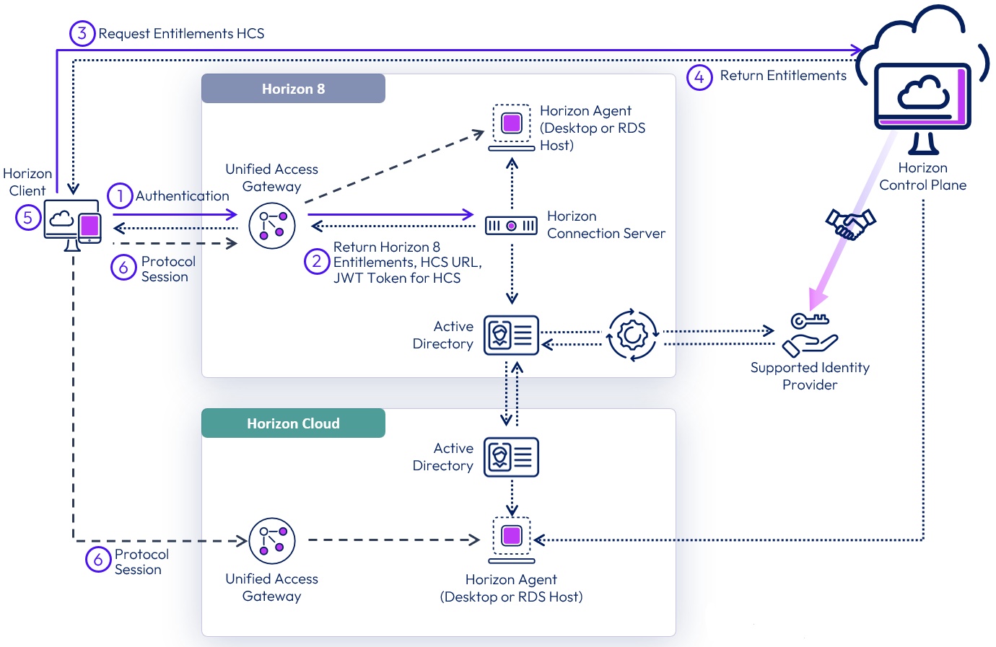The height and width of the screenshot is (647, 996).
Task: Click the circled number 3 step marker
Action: point(82,33)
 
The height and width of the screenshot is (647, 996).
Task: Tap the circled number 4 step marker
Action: point(699,76)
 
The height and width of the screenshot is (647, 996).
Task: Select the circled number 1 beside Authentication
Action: point(120,195)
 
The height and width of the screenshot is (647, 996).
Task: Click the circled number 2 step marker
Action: point(317,261)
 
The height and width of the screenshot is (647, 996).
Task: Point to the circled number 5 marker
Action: point(28,217)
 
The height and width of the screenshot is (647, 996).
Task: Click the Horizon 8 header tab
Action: point(293,89)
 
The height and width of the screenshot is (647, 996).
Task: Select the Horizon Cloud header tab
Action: point(293,423)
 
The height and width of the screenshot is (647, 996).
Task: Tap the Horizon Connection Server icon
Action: point(511,226)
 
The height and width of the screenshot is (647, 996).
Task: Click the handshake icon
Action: point(850,223)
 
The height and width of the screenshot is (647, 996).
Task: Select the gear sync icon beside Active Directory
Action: point(632,335)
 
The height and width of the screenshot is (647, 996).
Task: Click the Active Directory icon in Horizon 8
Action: point(511,335)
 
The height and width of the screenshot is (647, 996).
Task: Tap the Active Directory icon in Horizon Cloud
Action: point(511,457)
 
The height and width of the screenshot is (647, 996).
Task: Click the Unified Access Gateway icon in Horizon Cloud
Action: point(272,540)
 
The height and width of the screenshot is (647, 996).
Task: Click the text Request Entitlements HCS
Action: point(181,34)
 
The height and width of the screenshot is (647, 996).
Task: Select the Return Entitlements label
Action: point(783,76)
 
